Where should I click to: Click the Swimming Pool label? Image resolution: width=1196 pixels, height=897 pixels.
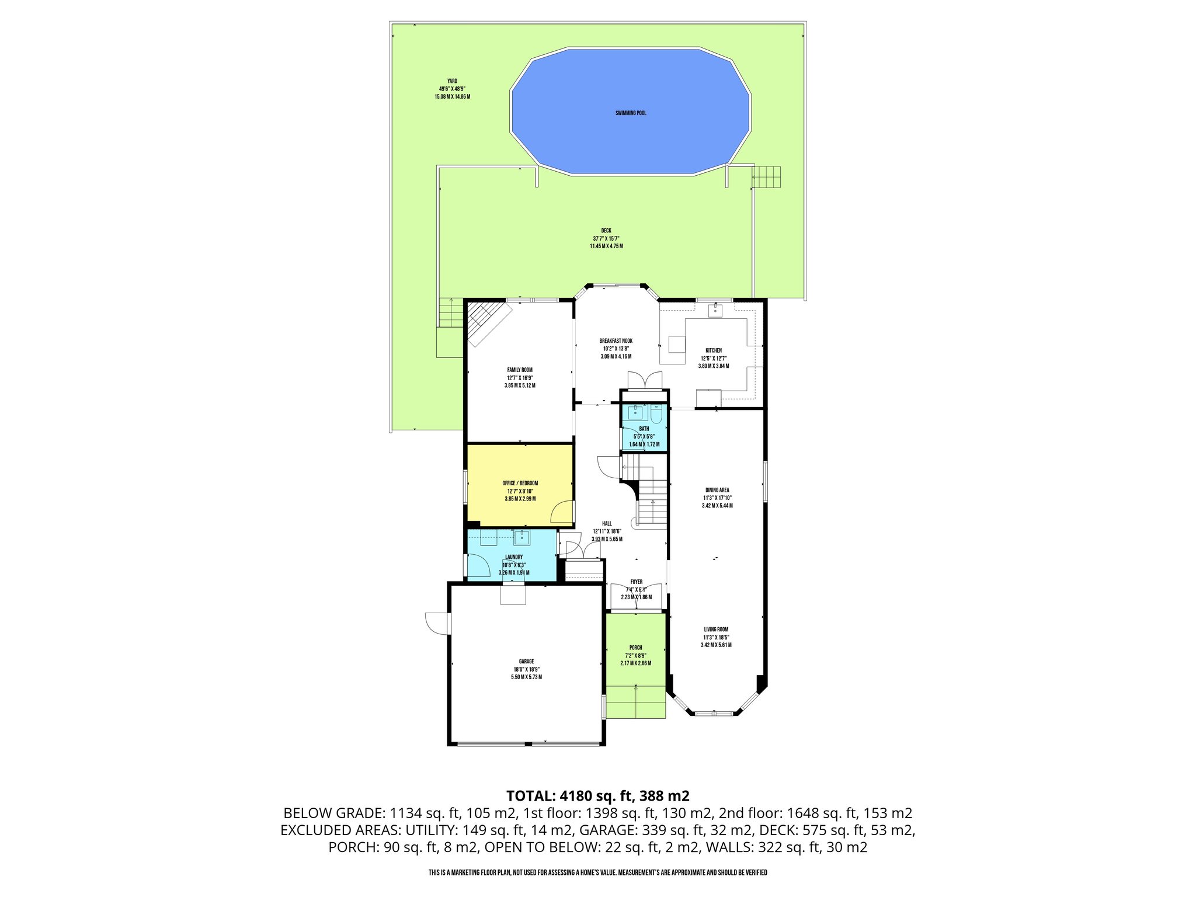[631, 113]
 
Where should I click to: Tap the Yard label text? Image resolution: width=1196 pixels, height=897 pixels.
[452, 81]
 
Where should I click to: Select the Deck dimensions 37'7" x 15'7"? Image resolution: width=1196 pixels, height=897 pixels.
[606, 238]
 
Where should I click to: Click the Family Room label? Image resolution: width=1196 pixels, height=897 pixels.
[519, 370]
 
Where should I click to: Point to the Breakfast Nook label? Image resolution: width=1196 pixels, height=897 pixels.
[616, 341]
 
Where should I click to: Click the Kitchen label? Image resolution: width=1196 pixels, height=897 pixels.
[713, 350]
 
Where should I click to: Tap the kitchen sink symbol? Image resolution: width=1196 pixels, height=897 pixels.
[715, 310]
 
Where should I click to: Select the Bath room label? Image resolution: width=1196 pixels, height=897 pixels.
[644, 429]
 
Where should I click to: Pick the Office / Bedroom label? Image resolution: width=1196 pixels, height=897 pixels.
[520, 483]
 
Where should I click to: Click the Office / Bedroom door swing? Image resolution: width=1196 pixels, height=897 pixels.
[562, 512]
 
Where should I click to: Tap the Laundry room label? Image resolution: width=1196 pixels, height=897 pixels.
[514, 557]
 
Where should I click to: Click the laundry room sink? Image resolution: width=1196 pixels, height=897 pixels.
[521, 537]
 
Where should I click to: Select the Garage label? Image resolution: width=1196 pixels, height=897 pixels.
[526, 662]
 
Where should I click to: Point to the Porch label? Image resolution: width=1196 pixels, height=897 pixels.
[635, 648]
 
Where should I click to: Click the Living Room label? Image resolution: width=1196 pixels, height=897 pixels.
[716, 630]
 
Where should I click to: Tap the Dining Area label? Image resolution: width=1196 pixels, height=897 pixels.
[717, 490]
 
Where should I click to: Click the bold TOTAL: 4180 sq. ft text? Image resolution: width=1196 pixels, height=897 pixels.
[597, 795]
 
